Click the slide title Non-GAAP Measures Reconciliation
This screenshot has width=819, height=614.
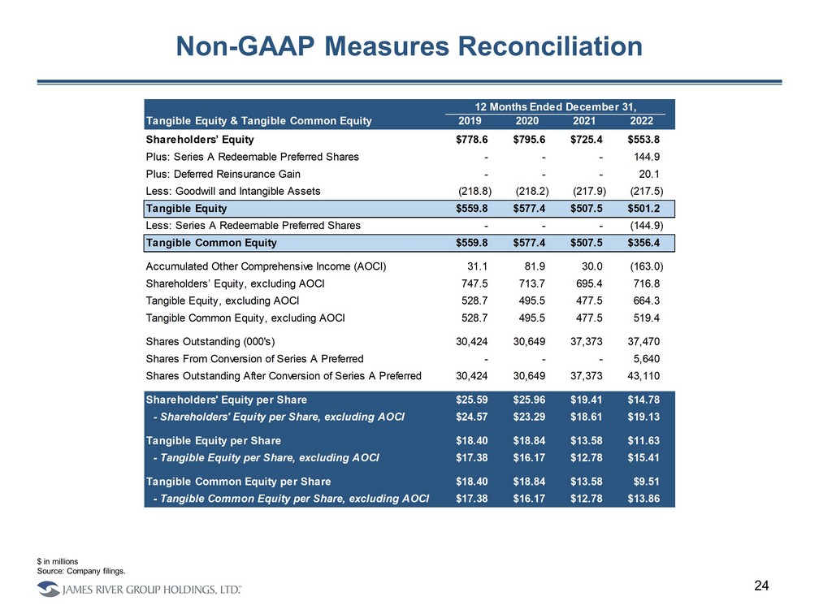tap(409, 46)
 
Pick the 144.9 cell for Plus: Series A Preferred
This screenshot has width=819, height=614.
tap(649, 157)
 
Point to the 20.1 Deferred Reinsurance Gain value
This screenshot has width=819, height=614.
tap(652, 174)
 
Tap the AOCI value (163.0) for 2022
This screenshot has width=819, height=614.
tap(647, 267)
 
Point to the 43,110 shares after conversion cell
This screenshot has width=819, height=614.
tap(647, 375)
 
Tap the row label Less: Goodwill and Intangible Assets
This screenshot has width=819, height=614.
tap(232, 191)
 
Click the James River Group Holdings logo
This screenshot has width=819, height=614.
tap(138, 589)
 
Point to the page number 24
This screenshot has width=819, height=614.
tap(762, 586)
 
